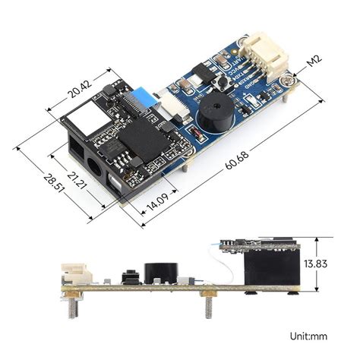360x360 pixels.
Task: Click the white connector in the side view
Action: pyautogui.click(x=74, y=274)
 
